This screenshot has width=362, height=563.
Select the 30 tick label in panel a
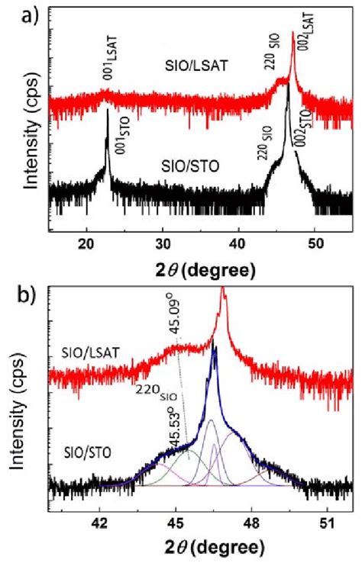pyautogui.click(x=162, y=243)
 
